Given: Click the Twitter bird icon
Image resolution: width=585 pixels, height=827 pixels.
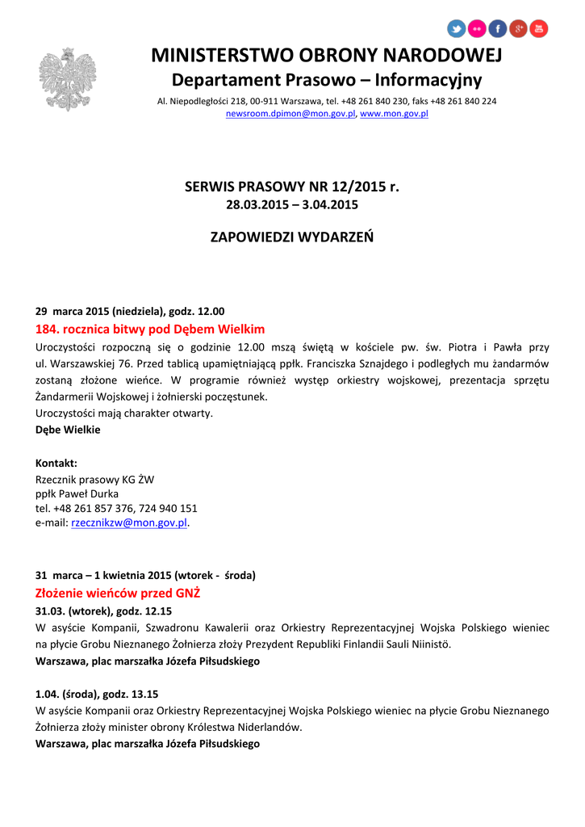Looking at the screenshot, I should (x=457, y=29).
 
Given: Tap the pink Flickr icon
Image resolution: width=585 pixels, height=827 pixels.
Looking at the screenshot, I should (x=477, y=29).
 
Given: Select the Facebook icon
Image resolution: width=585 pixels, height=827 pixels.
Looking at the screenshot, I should (x=498, y=29).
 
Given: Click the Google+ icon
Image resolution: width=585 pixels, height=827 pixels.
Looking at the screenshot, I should (x=519, y=29).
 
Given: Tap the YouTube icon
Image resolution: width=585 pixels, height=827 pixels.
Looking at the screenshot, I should (x=539, y=29).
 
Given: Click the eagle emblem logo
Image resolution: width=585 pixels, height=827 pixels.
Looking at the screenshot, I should (x=67, y=79).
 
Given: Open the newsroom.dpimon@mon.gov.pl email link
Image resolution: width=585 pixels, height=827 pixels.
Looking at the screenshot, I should (x=290, y=114).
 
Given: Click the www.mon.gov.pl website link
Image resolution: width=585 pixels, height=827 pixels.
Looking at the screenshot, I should (x=394, y=114).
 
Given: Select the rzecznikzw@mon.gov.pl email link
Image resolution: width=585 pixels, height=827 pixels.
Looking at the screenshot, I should (x=129, y=523).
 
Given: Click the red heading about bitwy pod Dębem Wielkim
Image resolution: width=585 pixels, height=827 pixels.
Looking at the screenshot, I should (x=150, y=330).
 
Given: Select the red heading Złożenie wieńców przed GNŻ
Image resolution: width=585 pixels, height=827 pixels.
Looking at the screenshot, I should (x=118, y=594).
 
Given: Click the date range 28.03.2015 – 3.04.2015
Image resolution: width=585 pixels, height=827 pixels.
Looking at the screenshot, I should (x=292, y=205).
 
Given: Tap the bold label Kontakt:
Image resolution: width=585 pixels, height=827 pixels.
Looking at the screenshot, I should (x=56, y=463).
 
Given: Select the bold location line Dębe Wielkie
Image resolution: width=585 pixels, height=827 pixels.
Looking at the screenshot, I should (x=68, y=430).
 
